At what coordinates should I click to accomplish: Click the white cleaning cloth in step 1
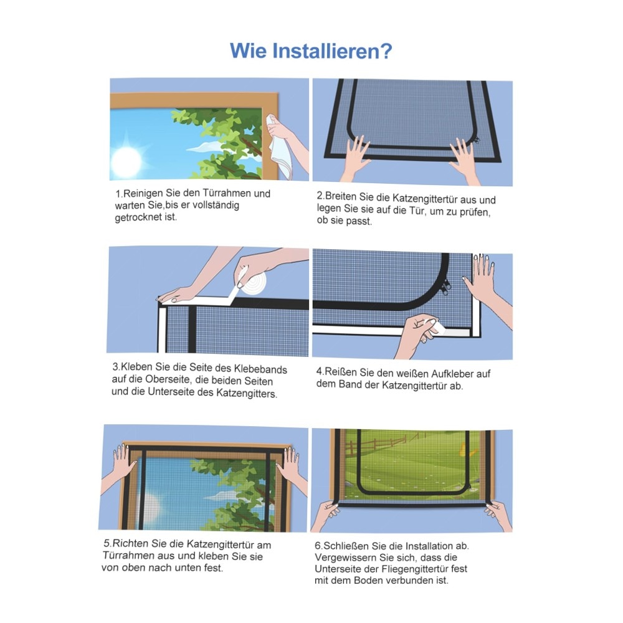point(280,147)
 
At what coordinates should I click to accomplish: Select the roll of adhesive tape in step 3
point(252,283)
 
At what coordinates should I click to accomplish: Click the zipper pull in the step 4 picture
point(447,285)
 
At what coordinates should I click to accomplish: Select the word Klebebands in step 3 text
point(260,369)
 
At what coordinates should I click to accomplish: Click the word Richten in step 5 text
point(130,543)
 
